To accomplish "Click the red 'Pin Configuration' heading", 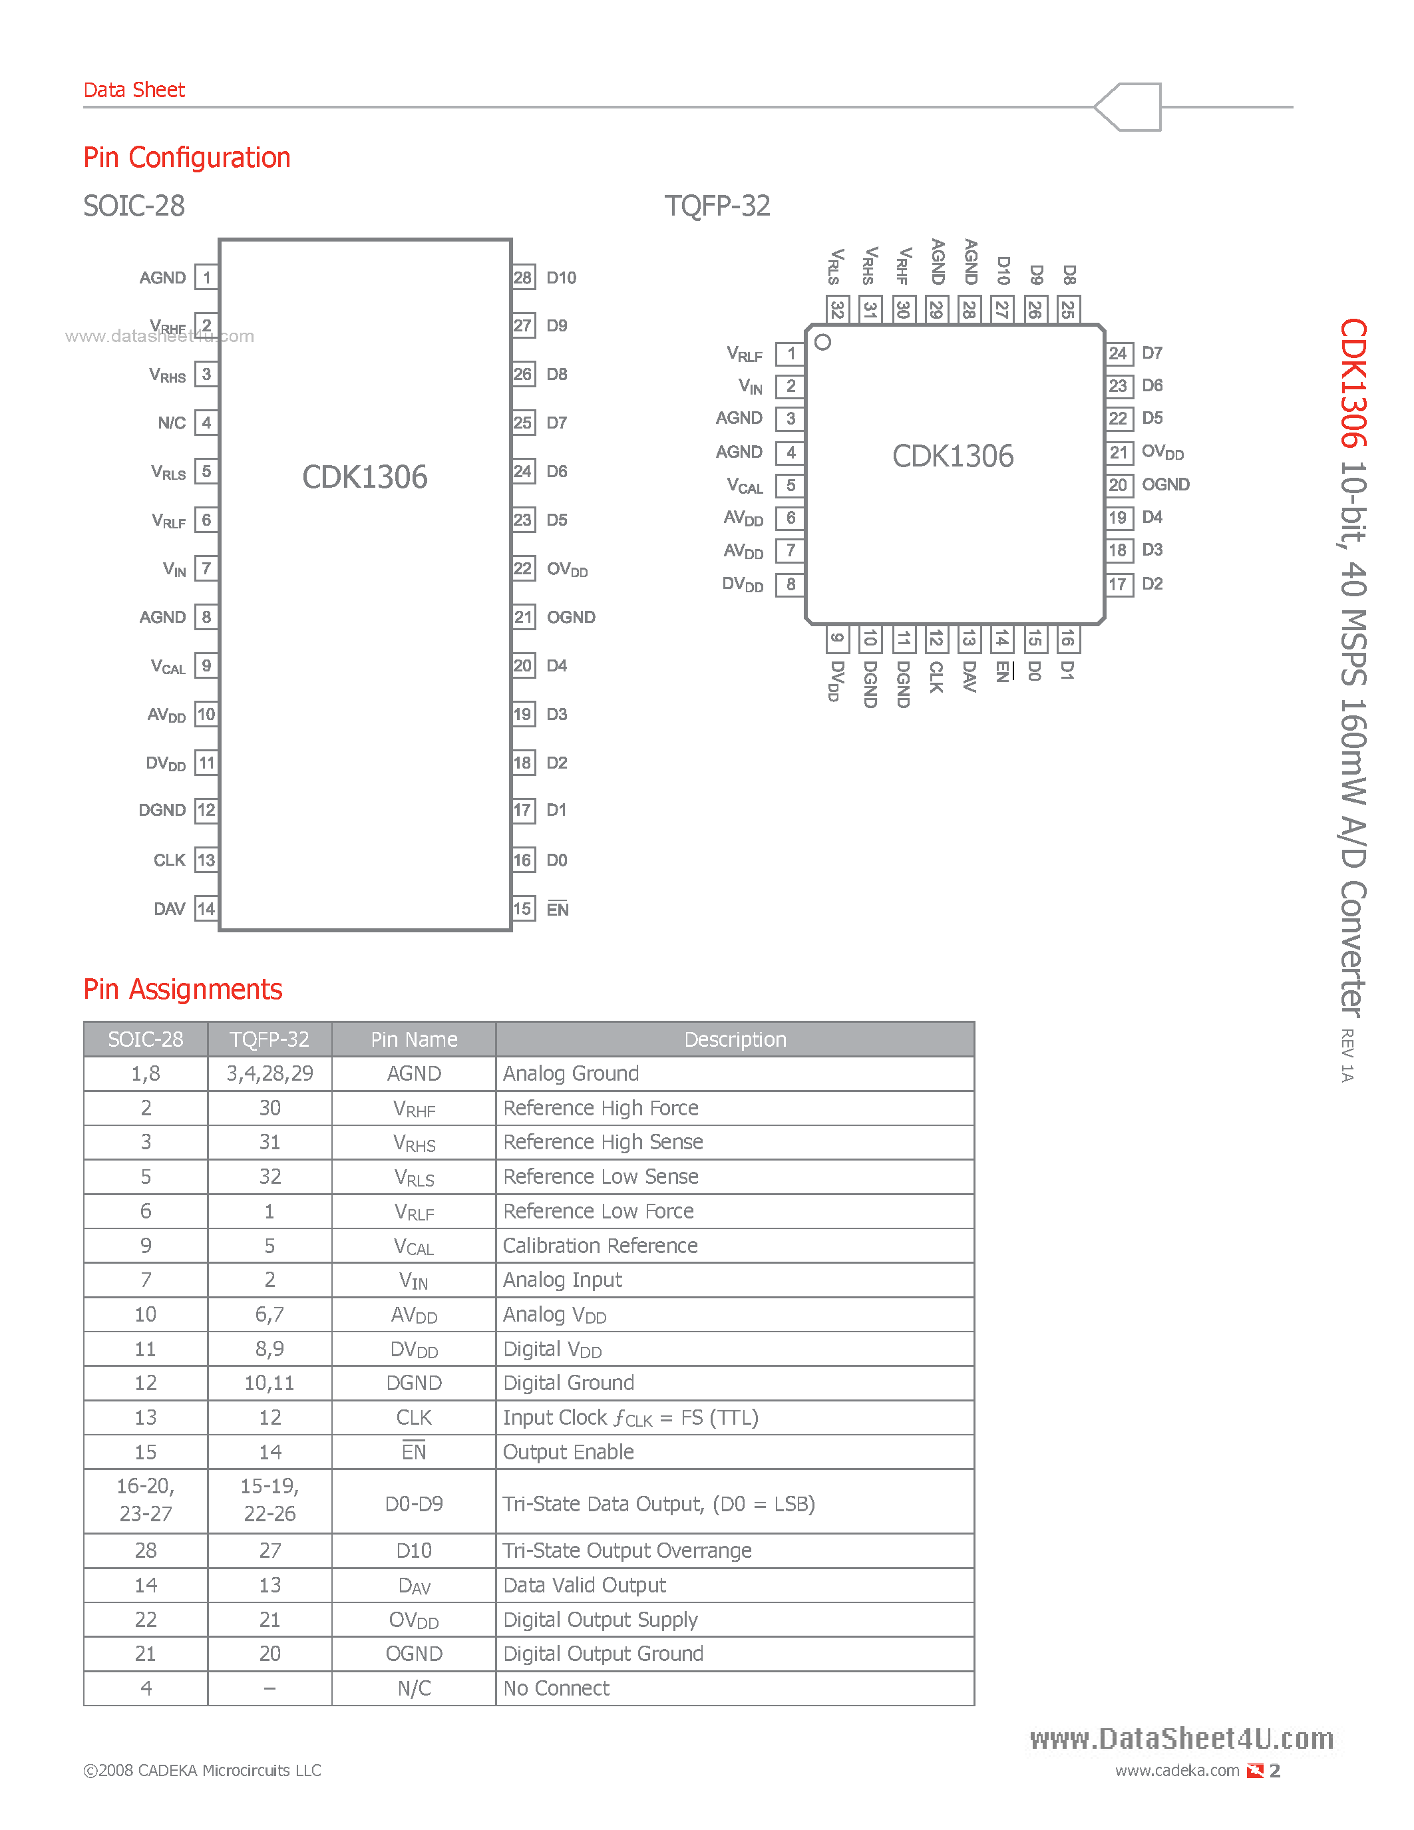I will [x=187, y=158].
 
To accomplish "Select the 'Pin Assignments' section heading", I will [x=182, y=990].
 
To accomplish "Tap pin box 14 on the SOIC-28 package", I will [x=206, y=909].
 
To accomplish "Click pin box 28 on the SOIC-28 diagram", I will [x=523, y=278].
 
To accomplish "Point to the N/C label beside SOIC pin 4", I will [x=172, y=423].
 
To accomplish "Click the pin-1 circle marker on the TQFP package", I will [x=822, y=342].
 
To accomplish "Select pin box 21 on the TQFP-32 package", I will [x=1119, y=453].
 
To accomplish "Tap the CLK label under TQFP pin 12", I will [x=936, y=677].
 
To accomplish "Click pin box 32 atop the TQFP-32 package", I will [x=837, y=309].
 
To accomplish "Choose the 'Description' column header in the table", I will [x=735, y=1040].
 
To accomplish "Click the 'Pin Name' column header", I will [x=414, y=1040].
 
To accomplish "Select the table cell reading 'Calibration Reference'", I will [x=600, y=1246].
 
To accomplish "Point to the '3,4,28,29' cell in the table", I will [x=269, y=1074].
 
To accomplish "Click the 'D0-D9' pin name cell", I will [x=414, y=1504].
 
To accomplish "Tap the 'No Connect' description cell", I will [x=556, y=1688].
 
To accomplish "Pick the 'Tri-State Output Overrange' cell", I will [x=627, y=1551].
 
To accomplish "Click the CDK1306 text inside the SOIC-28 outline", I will [x=365, y=478].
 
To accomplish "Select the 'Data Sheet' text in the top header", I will [x=134, y=91].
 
